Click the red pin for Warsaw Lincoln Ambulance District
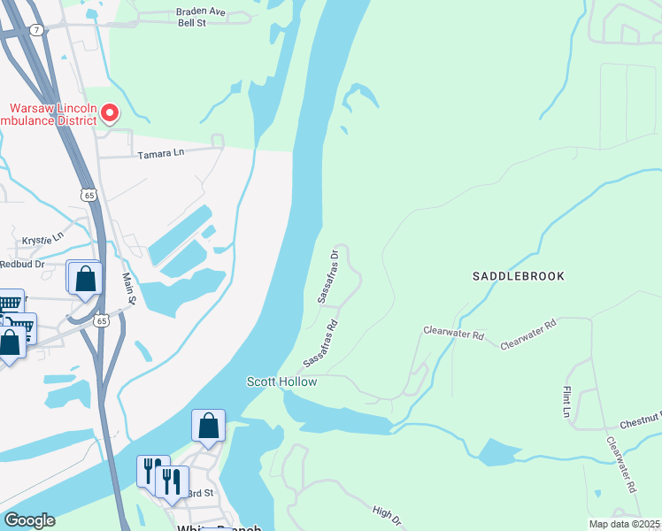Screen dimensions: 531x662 [110, 113]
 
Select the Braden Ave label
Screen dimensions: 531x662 [201, 12]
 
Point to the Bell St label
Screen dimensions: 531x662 [191, 23]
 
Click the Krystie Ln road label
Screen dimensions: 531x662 [44, 238]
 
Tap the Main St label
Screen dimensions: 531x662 [130, 289]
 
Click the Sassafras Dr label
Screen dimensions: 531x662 [327, 276]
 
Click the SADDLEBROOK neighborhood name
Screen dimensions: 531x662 [518, 276]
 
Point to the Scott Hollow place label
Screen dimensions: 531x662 [281, 381]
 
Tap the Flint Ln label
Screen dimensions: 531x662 [566, 400]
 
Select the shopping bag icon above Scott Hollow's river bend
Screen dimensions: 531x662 [208, 426]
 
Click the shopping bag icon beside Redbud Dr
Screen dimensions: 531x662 [85, 279]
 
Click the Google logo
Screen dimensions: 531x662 [29, 520]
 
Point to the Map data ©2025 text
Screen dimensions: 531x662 [624, 524]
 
